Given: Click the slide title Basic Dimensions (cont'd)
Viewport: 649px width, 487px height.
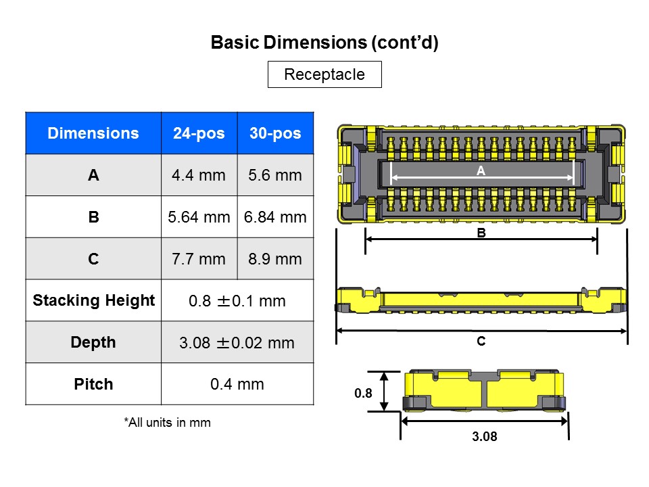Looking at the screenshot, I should click(324, 43).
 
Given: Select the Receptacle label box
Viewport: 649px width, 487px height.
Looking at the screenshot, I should click(324, 74).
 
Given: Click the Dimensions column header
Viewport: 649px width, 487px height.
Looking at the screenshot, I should click(93, 133).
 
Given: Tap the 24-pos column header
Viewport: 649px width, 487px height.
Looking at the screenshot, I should click(199, 133).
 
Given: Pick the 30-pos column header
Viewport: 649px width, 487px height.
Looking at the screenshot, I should click(275, 133).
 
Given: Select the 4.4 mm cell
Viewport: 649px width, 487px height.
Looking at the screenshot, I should click(199, 175).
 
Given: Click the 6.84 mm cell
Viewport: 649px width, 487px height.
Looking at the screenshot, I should click(275, 217).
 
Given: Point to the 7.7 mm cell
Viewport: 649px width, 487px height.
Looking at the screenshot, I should click(199, 259).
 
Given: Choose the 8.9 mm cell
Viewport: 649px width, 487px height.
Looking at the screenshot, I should click(275, 259).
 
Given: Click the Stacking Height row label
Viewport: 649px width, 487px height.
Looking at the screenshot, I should click(93, 300).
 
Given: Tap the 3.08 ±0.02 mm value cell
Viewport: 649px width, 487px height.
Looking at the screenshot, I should click(237, 343).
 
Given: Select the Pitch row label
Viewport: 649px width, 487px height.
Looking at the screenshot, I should click(93, 384).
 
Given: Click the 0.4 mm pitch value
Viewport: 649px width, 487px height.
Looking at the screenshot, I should click(237, 384).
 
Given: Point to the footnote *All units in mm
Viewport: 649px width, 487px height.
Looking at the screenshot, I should click(167, 423).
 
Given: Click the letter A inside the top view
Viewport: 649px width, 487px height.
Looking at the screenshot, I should click(481, 172).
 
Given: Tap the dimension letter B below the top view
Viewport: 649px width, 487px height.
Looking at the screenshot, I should click(481, 233).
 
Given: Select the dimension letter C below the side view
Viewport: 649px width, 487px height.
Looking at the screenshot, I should click(481, 342).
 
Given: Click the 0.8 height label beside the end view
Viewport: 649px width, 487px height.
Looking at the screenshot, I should click(363, 392).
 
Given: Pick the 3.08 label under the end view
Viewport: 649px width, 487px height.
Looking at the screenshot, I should click(484, 437).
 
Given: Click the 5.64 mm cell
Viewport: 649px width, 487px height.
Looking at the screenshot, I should click(199, 217).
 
